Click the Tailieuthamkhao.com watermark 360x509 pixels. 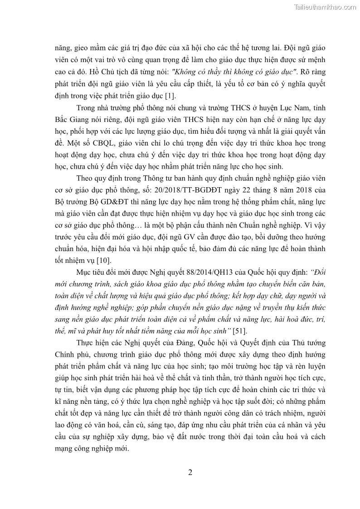coord(325,7)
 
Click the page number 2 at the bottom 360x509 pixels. coord(190,472)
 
